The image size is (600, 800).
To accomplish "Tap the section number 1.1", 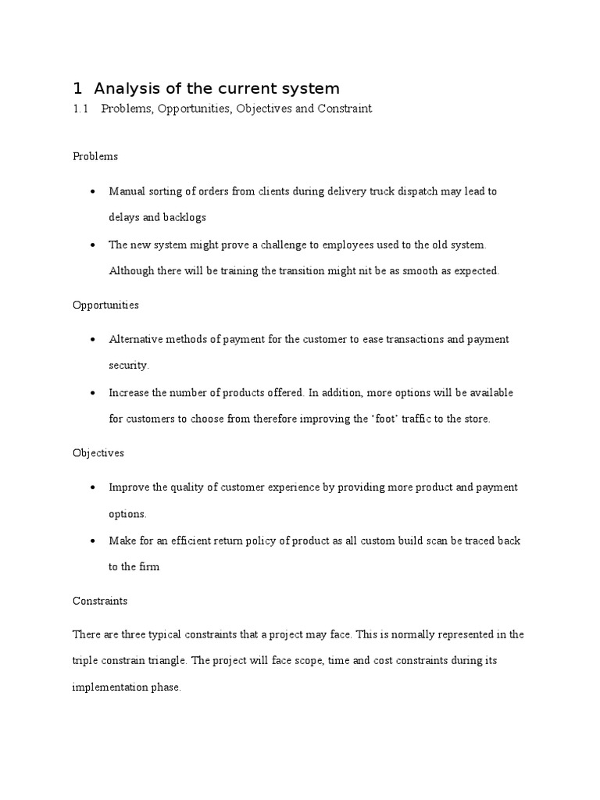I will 81,109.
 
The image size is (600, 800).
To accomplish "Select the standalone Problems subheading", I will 95,156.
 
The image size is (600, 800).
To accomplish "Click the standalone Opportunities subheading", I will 105,305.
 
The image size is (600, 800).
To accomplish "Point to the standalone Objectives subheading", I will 98,452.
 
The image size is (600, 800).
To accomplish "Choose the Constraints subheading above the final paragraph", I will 100,601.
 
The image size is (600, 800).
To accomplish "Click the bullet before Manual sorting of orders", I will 94,191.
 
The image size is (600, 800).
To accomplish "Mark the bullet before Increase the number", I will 94,393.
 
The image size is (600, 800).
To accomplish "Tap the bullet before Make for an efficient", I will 94,541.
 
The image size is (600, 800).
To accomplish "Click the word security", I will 128,365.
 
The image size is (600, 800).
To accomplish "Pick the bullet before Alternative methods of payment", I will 94,340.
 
